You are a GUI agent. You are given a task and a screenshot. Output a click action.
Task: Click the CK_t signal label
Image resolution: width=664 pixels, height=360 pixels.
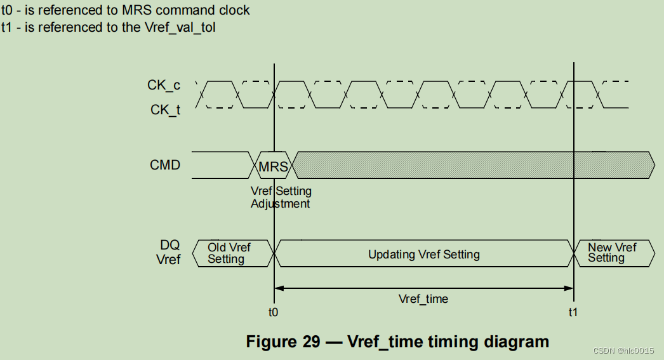click(x=165, y=110)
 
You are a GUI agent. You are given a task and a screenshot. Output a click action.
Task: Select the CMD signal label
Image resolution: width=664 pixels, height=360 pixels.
click(x=165, y=165)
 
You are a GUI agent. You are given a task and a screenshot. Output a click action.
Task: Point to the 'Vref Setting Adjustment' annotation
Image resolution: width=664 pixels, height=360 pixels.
click(x=281, y=197)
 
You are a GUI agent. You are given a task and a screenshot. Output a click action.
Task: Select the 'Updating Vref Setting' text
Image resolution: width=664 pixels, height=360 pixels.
click(x=424, y=255)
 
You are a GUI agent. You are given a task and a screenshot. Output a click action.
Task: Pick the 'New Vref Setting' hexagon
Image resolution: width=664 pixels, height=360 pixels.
click(x=612, y=253)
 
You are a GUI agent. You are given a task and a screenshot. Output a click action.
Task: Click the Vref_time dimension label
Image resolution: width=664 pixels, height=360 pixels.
click(x=423, y=298)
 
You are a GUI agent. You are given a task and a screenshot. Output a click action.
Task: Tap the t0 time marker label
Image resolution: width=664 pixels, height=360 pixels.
click(x=274, y=312)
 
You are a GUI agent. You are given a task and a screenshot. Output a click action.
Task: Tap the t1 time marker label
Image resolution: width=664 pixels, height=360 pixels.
click(x=573, y=312)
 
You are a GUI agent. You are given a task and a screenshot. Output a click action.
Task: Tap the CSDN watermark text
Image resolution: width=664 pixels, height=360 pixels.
click(x=623, y=351)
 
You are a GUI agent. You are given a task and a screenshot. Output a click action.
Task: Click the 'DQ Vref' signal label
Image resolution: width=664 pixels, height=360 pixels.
click(x=169, y=252)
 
